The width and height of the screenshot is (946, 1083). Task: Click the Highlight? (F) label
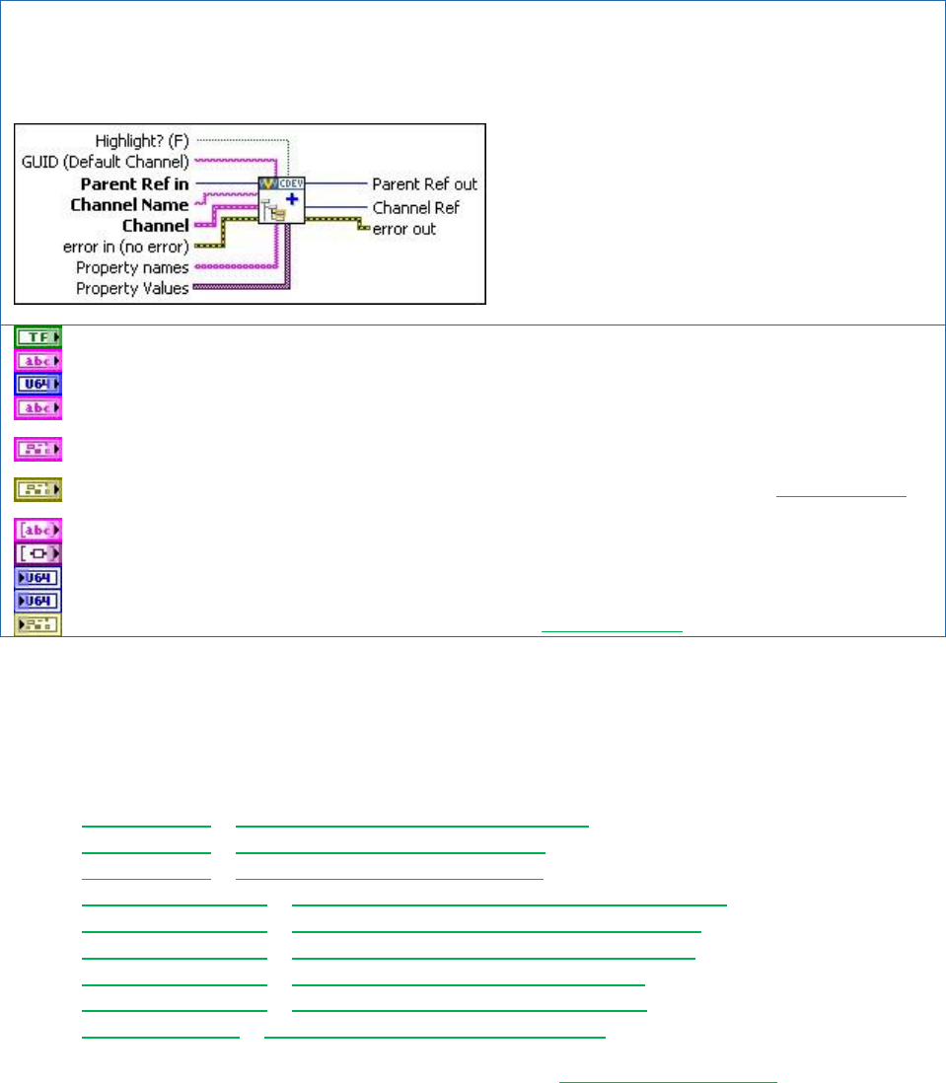tap(142, 140)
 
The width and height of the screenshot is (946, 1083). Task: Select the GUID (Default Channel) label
tap(107, 161)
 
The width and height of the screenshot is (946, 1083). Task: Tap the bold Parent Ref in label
tap(134, 183)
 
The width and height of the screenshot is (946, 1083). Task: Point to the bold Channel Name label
tap(129, 205)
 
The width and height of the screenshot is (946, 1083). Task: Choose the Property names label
tap(132, 267)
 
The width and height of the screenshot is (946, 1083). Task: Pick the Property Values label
tap(132, 288)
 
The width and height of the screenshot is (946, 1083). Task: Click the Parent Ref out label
tap(424, 184)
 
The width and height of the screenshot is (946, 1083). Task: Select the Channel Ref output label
tap(415, 207)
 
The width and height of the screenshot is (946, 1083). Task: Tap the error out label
tap(404, 229)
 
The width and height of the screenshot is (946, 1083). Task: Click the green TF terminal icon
tap(37, 337)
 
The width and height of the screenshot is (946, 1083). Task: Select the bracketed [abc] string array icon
tap(37, 530)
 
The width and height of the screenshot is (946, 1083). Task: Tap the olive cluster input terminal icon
tap(37, 489)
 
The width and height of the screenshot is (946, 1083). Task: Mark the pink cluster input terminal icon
tap(37, 450)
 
